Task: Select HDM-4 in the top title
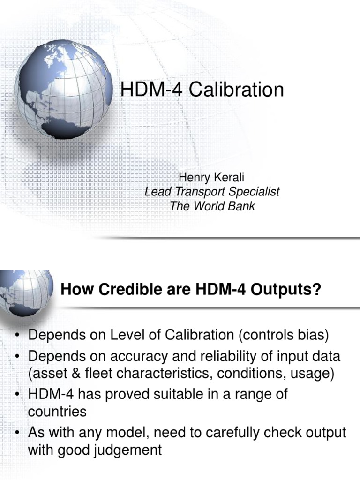tap(148, 90)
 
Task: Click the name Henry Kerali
tap(212, 178)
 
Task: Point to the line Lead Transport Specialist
tap(212, 192)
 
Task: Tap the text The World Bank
tap(212, 206)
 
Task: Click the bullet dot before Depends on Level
tap(17, 336)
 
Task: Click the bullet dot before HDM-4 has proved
tap(17, 394)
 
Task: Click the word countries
tap(57, 412)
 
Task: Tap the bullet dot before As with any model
tap(17, 432)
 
